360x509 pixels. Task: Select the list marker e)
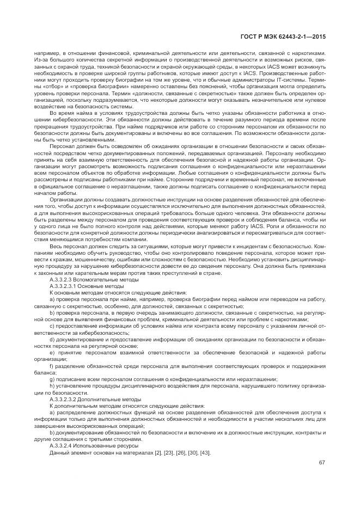point(52,352)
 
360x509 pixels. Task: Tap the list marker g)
point(52,379)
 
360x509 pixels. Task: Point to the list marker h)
point(52,385)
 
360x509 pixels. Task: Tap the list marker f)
point(51,366)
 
